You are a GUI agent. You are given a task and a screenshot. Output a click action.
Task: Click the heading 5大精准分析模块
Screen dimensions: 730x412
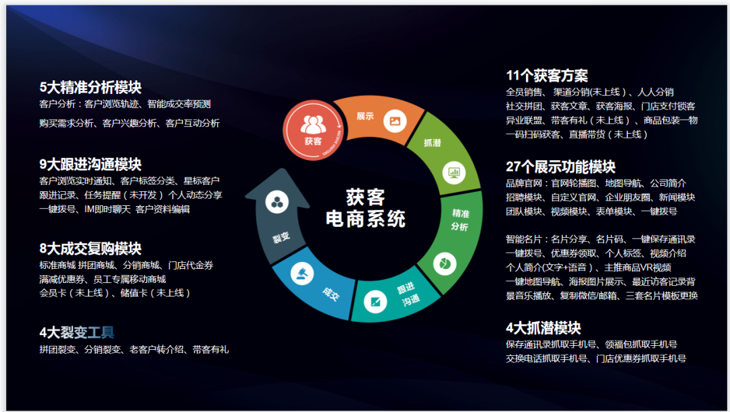(x=91, y=87)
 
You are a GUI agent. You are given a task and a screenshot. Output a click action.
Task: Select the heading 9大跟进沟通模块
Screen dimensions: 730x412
(x=91, y=164)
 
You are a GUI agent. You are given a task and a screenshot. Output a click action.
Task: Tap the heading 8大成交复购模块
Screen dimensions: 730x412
(x=91, y=249)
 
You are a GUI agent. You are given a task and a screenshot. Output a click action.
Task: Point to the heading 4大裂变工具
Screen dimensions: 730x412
(x=77, y=332)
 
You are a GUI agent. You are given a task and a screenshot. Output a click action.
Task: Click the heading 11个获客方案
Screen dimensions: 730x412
(x=547, y=76)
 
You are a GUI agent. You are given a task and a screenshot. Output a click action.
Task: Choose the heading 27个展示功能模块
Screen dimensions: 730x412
(x=560, y=166)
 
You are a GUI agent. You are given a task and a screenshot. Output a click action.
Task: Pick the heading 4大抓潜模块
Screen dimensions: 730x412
(x=543, y=328)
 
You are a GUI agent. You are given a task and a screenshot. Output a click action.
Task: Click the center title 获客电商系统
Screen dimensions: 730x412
(x=366, y=208)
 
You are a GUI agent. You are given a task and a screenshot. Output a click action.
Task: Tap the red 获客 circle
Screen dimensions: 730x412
(x=313, y=130)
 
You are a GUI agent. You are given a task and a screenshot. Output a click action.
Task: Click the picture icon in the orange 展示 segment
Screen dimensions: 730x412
(x=395, y=121)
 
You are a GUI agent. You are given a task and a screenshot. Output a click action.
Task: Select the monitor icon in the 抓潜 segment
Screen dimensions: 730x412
(x=454, y=172)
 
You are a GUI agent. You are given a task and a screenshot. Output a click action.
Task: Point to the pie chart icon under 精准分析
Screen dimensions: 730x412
(x=445, y=263)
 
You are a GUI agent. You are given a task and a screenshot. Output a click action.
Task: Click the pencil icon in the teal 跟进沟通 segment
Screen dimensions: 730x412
(x=375, y=301)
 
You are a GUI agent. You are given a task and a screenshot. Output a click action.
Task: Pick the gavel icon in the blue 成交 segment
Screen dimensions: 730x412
(x=302, y=274)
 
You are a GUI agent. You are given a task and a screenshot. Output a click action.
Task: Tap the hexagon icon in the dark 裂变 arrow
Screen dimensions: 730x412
(x=277, y=202)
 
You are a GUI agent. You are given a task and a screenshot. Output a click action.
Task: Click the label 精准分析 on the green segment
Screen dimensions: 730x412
(x=460, y=220)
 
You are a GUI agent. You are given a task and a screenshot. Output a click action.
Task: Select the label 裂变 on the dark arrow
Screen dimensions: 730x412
(x=281, y=238)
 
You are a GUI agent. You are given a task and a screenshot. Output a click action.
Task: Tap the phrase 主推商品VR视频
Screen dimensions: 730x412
(x=637, y=267)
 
